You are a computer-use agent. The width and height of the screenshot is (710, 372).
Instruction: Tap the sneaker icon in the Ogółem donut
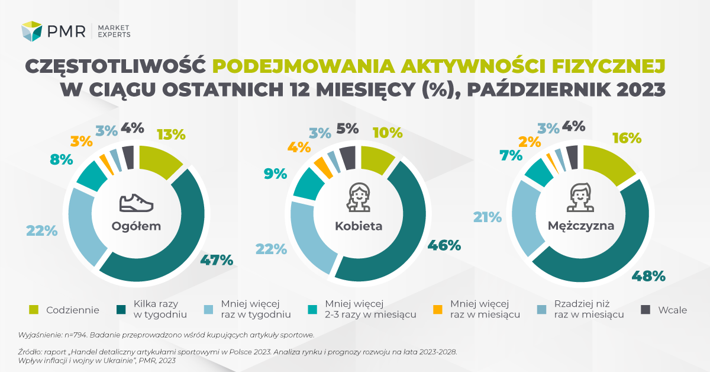coord(136,203)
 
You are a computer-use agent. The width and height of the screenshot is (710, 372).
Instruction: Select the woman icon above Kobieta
coord(359,197)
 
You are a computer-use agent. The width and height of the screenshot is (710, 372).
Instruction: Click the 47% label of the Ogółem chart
coord(217,259)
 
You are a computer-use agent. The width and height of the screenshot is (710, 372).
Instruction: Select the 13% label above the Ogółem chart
coord(170,134)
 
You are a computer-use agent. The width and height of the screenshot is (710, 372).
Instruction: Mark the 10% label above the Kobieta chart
coord(388,133)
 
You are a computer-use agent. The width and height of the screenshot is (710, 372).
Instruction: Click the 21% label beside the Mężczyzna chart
coord(487,217)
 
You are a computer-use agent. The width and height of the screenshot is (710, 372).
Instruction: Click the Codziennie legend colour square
coord(34,309)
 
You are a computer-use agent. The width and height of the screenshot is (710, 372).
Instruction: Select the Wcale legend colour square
coord(646,309)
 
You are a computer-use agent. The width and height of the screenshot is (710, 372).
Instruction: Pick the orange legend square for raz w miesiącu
coord(437,309)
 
